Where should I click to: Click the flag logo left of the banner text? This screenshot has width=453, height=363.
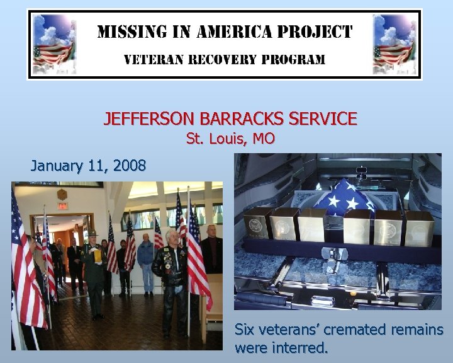click(x=53, y=43)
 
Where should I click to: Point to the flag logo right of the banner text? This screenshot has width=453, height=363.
click(x=395, y=43)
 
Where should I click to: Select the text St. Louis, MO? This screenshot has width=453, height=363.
click(x=230, y=139)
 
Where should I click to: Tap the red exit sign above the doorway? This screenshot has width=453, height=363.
click(x=62, y=205)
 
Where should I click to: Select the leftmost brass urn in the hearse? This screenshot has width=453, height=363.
click(x=258, y=224)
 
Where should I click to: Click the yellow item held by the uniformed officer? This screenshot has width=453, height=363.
click(x=97, y=254)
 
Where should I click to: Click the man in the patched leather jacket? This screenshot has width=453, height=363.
click(x=170, y=271)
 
